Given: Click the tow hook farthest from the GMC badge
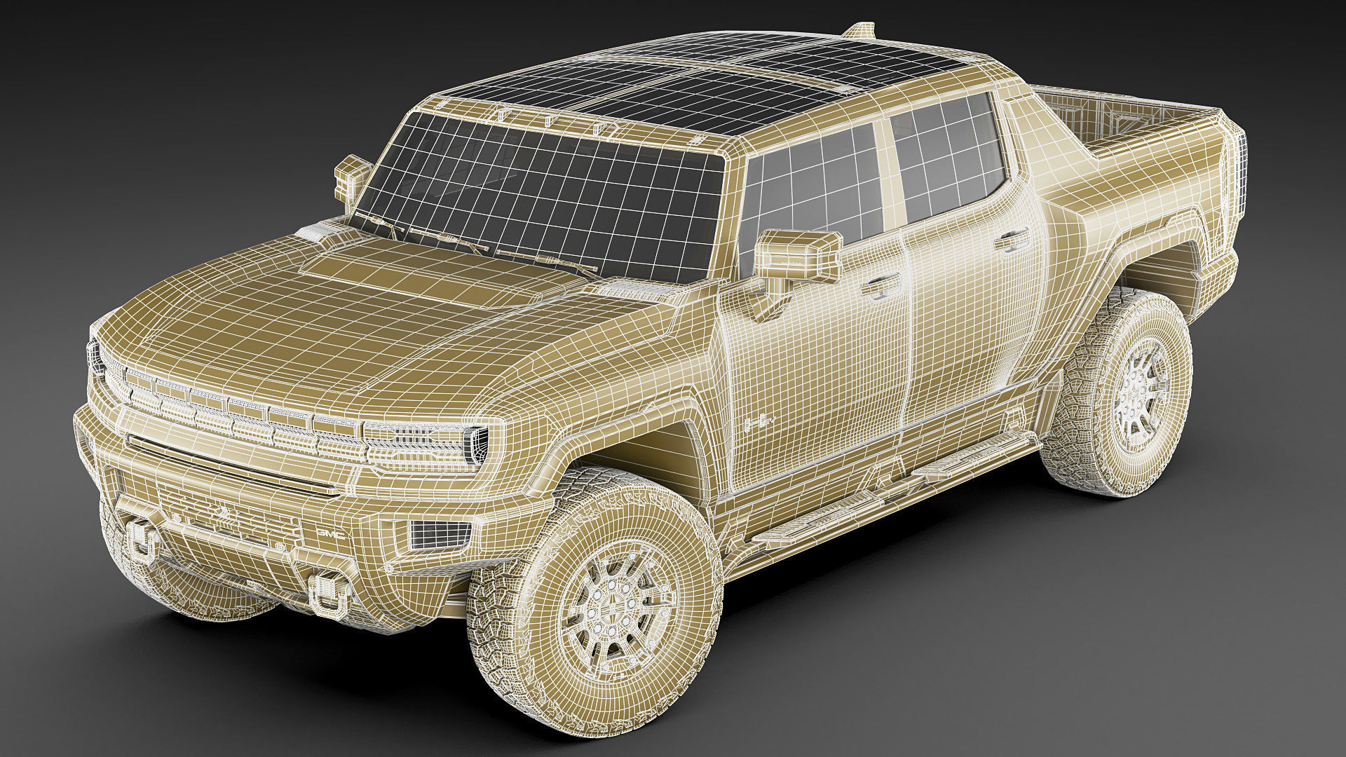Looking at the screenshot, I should (143, 541).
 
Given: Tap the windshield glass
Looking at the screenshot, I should (540, 182).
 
